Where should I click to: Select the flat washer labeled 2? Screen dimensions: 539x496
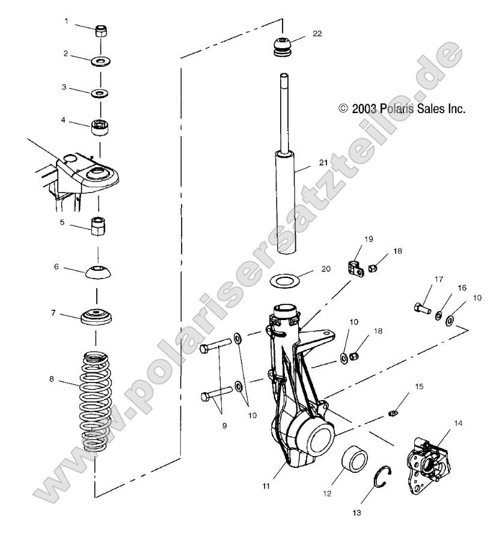(x=100, y=61)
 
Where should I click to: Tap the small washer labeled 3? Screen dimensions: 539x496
(x=99, y=94)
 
